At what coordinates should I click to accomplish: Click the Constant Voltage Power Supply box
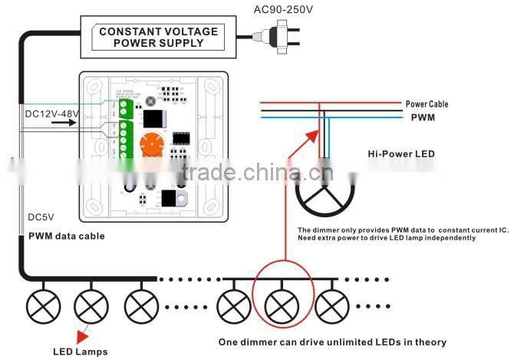click(157, 36)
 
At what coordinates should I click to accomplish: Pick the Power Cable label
click(427, 104)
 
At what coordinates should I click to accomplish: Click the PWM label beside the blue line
click(422, 118)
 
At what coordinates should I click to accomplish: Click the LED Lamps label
click(80, 352)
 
